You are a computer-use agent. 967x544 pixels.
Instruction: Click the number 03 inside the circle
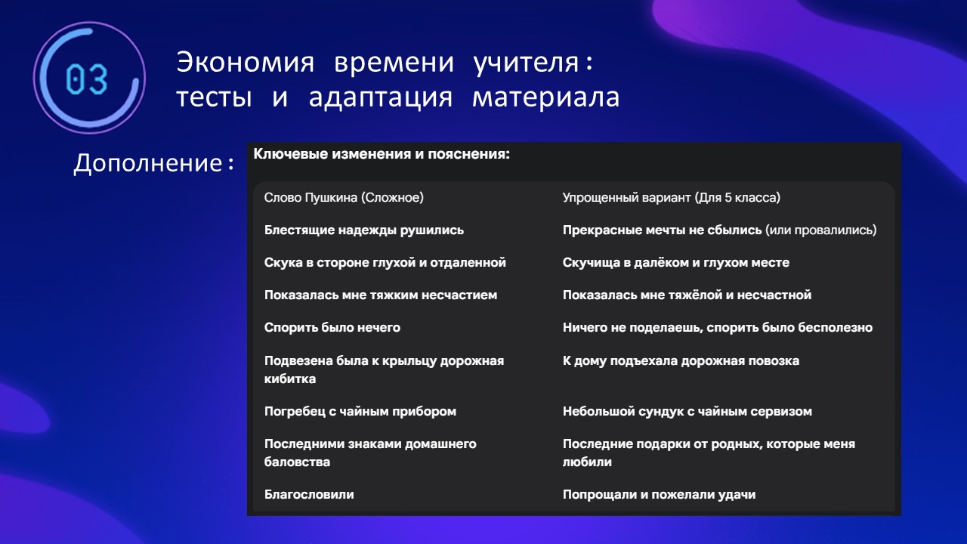[x=87, y=79]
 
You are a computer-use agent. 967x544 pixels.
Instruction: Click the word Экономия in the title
[x=246, y=63]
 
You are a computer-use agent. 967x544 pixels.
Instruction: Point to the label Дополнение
[x=147, y=164]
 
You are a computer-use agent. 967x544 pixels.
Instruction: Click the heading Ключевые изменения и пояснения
[x=382, y=154]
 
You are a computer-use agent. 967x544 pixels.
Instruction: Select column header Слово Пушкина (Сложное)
[x=344, y=198]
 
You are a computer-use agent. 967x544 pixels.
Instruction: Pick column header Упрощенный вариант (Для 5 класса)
[x=672, y=198]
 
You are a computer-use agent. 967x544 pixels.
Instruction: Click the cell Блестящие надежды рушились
[x=364, y=230]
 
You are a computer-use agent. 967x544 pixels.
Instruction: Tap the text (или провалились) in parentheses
[x=821, y=230]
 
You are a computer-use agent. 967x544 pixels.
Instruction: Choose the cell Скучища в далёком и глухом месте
[x=675, y=262]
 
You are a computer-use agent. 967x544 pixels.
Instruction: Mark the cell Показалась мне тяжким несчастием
[x=380, y=295]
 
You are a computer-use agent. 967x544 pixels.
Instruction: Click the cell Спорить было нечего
[x=332, y=328]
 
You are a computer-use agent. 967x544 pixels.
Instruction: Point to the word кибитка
[x=289, y=379]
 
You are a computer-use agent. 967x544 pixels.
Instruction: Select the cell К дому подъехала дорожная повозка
[x=681, y=361]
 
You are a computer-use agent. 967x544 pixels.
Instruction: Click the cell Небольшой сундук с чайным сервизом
[x=687, y=412]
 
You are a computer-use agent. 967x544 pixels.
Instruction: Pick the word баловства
[x=297, y=462]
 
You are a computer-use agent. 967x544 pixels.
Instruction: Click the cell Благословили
[x=309, y=494]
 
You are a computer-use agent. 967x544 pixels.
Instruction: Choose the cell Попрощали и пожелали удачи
[x=659, y=495]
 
